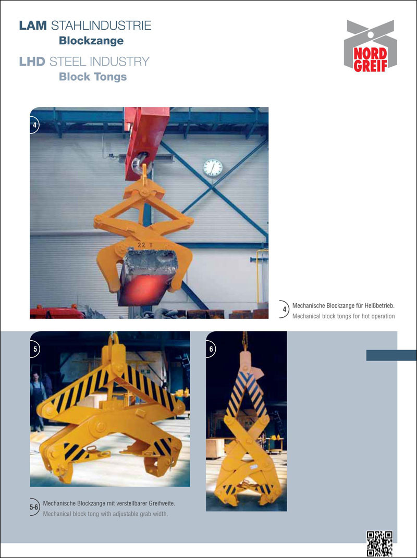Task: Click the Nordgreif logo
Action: click(x=371, y=46)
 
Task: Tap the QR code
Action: click(x=379, y=543)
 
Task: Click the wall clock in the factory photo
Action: click(x=213, y=168)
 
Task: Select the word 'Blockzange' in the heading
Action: click(x=91, y=41)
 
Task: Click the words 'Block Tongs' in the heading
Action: click(x=93, y=77)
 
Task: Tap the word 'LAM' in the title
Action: click(x=33, y=25)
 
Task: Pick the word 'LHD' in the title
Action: click(x=32, y=61)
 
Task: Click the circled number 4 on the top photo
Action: click(x=34, y=125)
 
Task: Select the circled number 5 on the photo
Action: click(x=35, y=349)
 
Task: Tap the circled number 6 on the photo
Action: click(x=211, y=349)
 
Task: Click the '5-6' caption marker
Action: click(x=34, y=507)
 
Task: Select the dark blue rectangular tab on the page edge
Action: click(x=391, y=355)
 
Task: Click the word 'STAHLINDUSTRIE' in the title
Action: click(x=101, y=25)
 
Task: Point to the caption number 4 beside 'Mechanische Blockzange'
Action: click(x=284, y=309)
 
